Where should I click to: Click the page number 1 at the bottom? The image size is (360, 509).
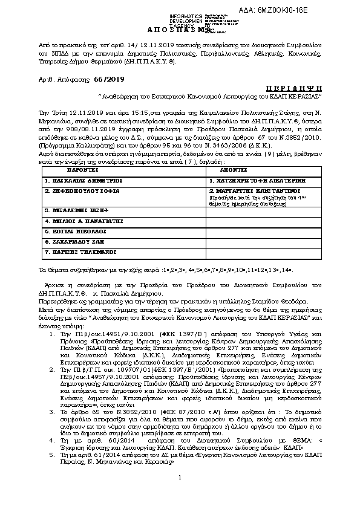point(180,496)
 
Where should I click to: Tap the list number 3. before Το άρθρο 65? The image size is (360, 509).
point(52,410)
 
